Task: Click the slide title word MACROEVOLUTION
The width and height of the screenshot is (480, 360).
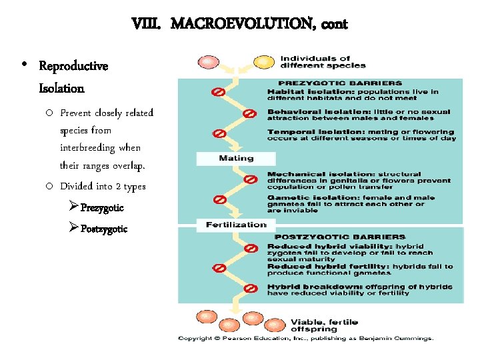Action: (243, 25)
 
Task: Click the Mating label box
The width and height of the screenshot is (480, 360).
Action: (235, 159)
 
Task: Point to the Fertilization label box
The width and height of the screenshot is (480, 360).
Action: (236, 225)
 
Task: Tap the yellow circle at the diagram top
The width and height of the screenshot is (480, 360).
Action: (265, 62)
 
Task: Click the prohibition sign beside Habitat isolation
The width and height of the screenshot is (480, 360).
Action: (218, 91)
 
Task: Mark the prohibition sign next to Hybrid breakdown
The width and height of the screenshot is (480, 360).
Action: (251, 288)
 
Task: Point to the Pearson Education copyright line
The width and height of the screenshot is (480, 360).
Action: (305, 338)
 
